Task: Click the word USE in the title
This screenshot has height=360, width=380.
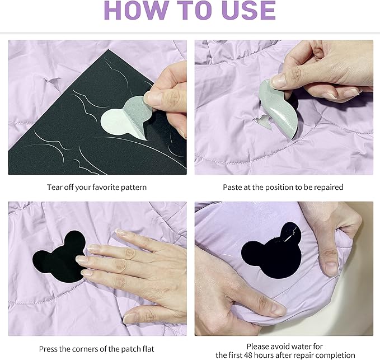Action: tap(248, 10)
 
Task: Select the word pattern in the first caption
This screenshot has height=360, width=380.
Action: tap(134, 188)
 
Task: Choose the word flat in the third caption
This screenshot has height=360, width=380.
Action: tap(148, 349)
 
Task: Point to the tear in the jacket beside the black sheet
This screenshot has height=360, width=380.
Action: tap(51, 81)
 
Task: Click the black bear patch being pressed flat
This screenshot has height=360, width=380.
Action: tap(59, 257)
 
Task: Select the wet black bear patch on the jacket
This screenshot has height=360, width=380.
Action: tap(271, 251)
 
